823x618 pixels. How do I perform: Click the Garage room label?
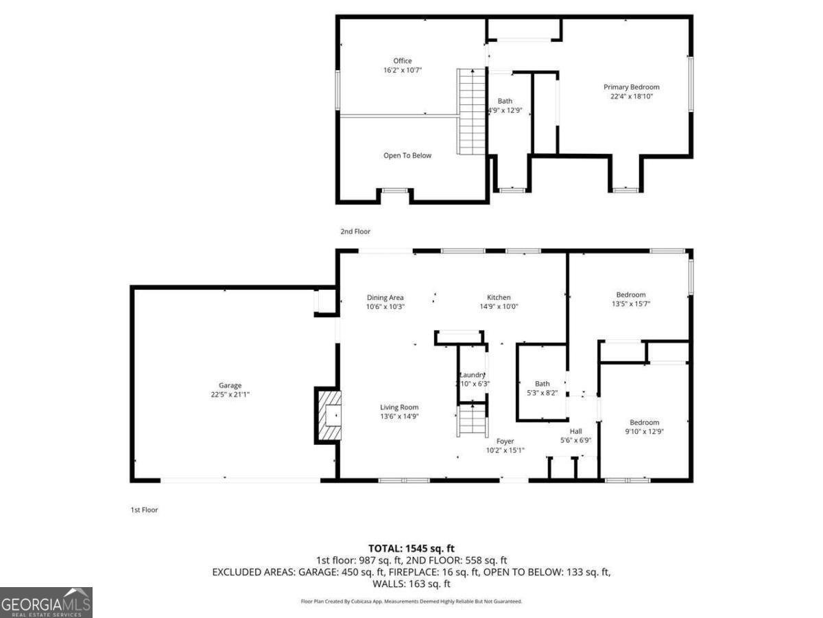pyautogui.click(x=230, y=386)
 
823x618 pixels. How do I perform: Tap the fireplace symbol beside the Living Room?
pyautogui.click(x=330, y=416)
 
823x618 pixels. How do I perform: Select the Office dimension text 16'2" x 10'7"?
pyautogui.click(x=403, y=70)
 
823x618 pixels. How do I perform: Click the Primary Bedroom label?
pyautogui.click(x=631, y=87)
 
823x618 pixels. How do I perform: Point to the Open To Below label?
pyautogui.click(x=407, y=156)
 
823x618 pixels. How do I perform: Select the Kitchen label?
pyautogui.click(x=499, y=297)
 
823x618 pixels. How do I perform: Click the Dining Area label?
pyautogui.click(x=385, y=297)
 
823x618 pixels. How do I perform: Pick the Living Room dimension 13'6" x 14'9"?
pyautogui.click(x=399, y=416)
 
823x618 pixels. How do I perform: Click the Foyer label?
pyautogui.click(x=505, y=442)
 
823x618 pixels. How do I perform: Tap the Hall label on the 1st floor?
pyautogui.click(x=575, y=431)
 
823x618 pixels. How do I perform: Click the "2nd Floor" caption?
pyautogui.click(x=355, y=232)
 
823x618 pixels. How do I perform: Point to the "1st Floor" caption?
pyautogui.click(x=144, y=510)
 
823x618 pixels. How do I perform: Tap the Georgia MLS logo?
pyautogui.click(x=46, y=602)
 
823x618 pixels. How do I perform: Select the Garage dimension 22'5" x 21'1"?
pyautogui.click(x=230, y=395)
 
